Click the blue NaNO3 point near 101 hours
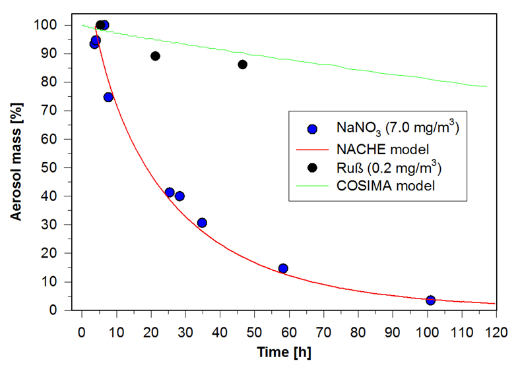pyautogui.click(x=430, y=300)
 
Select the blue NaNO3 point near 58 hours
pyautogui.click(x=283, y=268)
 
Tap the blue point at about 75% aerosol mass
pyautogui.click(x=108, y=97)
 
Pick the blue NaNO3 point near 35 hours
pyautogui.click(x=202, y=223)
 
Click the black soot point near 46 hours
pyautogui.click(x=242, y=65)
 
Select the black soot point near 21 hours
pyautogui.click(x=155, y=56)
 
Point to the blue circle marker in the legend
pyautogui.click(x=313, y=130)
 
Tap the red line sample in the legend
pyautogui.click(x=313, y=149)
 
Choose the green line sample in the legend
pyautogui.click(x=313, y=185)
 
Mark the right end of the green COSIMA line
pyautogui.click(x=486, y=86)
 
